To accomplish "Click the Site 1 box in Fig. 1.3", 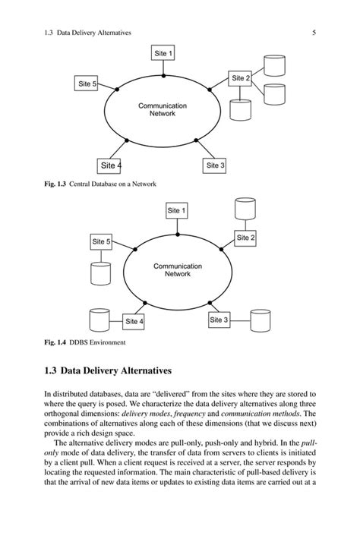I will (x=163, y=54).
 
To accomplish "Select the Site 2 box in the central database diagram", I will (x=240, y=78).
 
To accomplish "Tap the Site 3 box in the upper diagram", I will (x=215, y=165).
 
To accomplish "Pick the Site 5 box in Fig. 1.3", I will (x=87, y=83).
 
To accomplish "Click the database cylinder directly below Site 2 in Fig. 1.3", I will (x=240, y=110).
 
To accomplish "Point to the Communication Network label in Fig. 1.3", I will (x=163, y=109).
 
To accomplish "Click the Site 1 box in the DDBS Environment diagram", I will (x=177, y=209).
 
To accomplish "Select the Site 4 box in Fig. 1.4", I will (x=134, y=321).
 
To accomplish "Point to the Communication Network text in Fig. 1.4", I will (x=177, y=270).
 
